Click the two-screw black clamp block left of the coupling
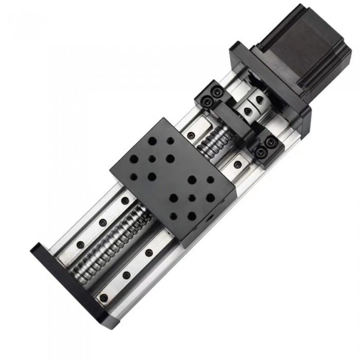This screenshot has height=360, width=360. click(209, 97)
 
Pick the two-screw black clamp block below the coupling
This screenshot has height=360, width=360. click(265, 150)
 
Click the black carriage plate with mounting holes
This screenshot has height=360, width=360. click(173, 178)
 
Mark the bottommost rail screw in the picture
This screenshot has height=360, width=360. click(104, 298)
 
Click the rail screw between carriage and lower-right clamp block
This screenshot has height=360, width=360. click(237, 166)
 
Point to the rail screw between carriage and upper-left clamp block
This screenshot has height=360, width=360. click(191, 135)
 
